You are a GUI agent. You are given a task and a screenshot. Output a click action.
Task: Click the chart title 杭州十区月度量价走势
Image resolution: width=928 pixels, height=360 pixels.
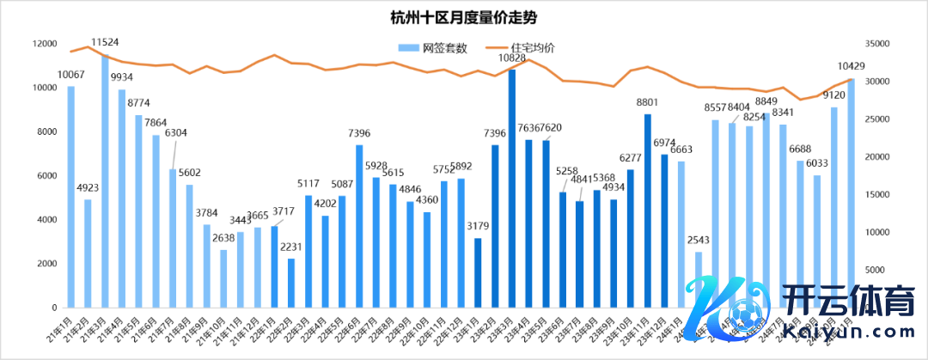(464, 17)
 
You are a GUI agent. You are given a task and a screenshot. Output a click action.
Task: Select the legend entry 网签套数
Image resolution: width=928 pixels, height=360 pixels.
(438, 48)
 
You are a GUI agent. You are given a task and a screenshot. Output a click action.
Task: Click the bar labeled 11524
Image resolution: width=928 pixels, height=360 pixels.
(105, 180)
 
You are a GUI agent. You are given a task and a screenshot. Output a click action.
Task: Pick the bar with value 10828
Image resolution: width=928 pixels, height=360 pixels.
(512, 188)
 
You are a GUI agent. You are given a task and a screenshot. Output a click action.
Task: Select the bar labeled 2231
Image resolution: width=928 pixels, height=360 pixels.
(291, 283)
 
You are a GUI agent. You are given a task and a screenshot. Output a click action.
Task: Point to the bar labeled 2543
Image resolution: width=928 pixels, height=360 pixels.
(699, 279)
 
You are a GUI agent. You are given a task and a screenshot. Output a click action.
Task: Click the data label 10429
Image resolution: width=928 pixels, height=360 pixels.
(850, 66)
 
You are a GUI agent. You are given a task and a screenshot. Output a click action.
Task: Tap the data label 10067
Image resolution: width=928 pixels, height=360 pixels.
(70, 74)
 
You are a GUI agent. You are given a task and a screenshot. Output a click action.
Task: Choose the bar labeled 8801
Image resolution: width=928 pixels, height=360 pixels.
(648, 211)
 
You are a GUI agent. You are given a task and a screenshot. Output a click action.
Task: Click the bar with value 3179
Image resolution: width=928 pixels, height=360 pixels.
(478, 272)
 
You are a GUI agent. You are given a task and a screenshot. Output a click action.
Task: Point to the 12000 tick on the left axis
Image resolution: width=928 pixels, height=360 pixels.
(45, 44)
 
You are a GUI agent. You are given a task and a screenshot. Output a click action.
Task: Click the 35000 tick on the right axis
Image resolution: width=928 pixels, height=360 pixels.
(876, 44)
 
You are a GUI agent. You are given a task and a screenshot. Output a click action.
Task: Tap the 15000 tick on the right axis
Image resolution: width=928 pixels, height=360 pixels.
(876, 194)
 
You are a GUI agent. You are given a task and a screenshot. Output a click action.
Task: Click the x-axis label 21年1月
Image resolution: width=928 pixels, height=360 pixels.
(60, 327)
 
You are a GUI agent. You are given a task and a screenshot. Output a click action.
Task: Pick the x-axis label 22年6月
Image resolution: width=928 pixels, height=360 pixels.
(347, 327)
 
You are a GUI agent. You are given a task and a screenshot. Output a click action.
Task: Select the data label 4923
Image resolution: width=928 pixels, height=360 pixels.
(88, 187)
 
